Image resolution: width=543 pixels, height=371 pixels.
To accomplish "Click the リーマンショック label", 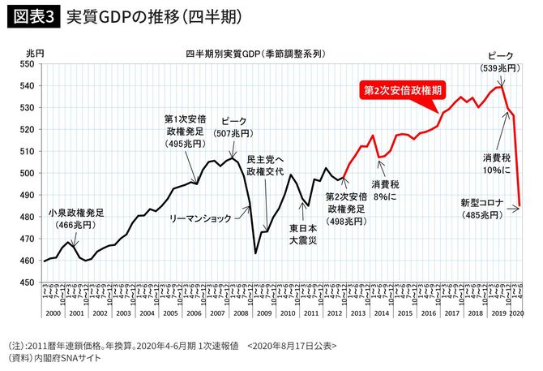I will click(x=200, y=218).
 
